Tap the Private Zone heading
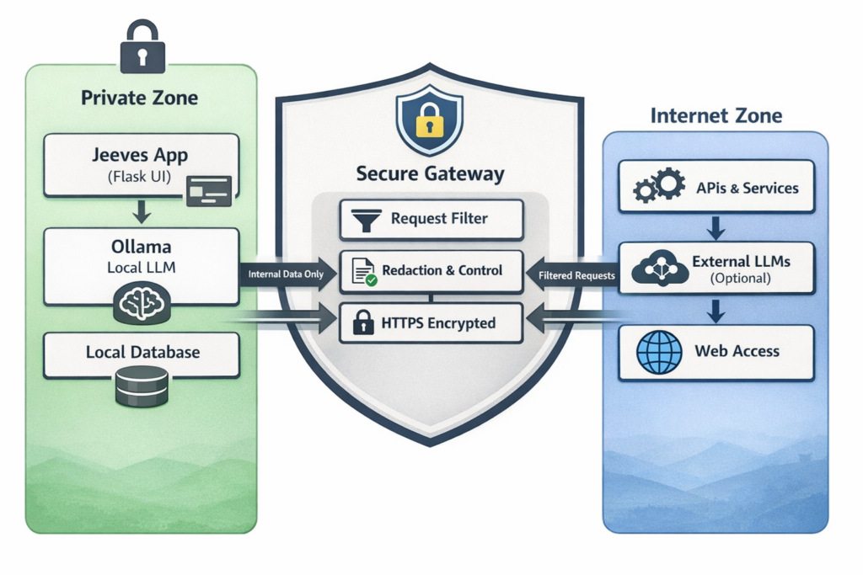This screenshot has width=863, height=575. (140, 97)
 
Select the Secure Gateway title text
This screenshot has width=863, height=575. (430, 175)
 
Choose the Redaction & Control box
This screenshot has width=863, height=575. (431, 271)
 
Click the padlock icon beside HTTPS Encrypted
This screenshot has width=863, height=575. (364, 322)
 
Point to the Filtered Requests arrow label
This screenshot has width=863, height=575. (571, 274)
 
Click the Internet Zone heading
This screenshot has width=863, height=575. (716, 115)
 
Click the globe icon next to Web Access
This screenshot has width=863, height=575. (659, 351)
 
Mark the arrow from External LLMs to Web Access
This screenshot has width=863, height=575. (716, 311)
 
